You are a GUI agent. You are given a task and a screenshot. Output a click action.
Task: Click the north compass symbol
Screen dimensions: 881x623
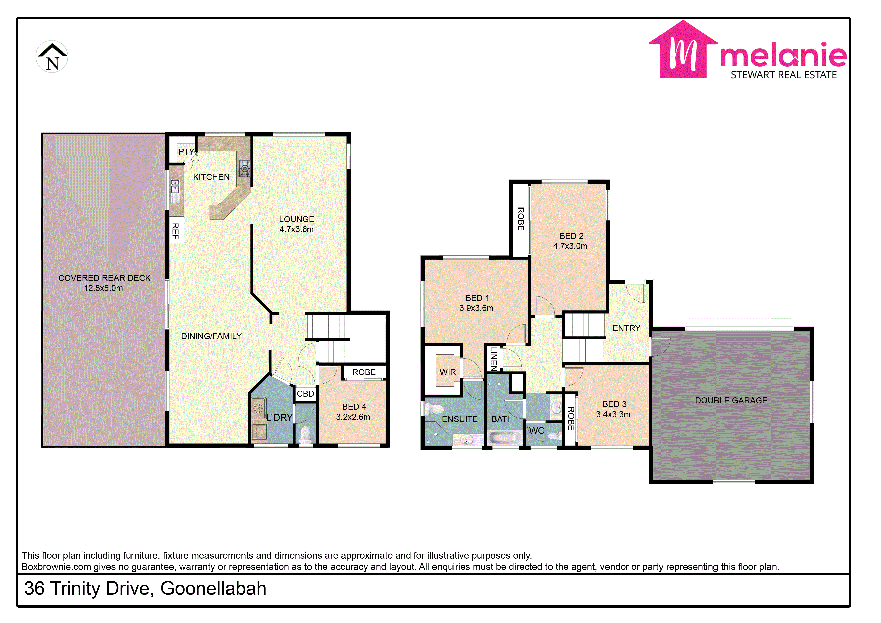[52, 57]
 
